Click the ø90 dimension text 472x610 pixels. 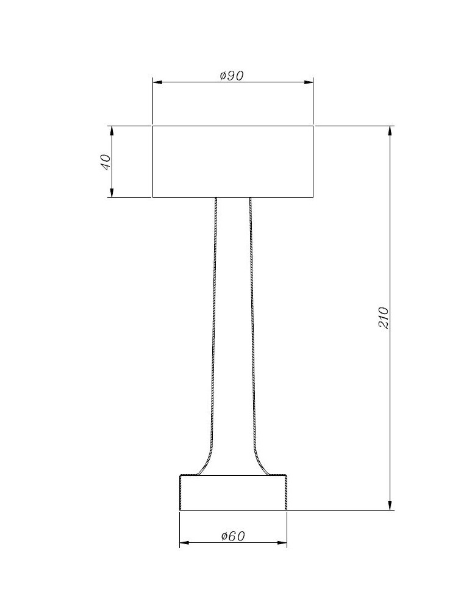[x=232, y=76]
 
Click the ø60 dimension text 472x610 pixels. [x=232, y=536]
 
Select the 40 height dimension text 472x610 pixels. [x=105, y=162]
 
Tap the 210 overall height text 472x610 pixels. [x=384, y=318]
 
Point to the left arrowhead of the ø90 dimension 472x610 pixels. [x=157, y=82]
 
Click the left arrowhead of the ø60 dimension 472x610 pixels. [x=184, y=542]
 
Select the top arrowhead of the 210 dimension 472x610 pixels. [x=390, y=131]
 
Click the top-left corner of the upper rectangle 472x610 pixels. [x=152, y=126]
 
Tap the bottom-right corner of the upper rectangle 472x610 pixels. [x=313, y=197]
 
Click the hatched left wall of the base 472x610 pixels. [x=181, y=493]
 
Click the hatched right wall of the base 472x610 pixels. [x=285, y=493]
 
